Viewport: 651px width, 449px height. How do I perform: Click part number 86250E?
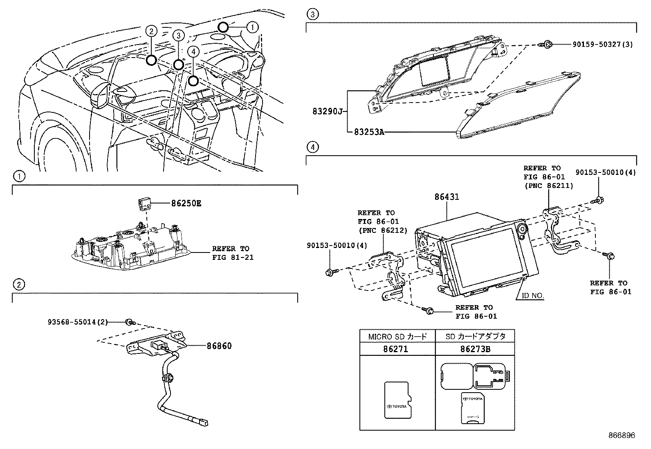186,203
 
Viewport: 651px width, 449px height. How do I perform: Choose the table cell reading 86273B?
475,349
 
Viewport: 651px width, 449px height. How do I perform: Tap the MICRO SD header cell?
397,336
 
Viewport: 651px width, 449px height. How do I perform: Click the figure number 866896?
621,436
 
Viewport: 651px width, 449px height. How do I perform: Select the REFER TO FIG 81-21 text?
230,253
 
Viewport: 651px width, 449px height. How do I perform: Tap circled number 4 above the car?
194,51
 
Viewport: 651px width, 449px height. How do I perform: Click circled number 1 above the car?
252,27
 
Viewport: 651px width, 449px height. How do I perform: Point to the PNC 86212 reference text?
382,230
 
